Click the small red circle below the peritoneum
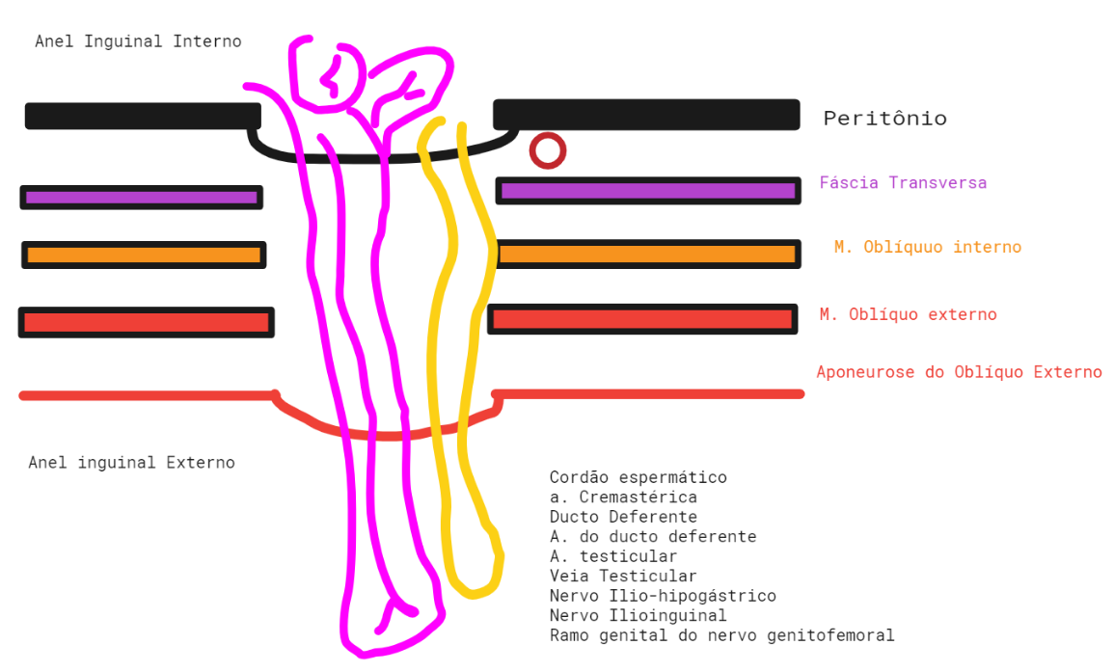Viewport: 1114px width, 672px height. click(x=547, y=150)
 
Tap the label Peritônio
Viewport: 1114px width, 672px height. click(x=884, y=119)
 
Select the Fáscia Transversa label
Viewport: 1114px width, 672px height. click(x=903, y=182)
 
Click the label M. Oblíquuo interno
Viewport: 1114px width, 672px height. click(x=927, y=247)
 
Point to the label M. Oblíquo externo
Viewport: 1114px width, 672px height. click(x=908, y=314)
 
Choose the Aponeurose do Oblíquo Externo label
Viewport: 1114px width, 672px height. click(x=959, y=372)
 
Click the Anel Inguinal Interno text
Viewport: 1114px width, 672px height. click(x=138, y=41)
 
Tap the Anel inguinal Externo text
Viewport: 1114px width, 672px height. click(x=131, y=463)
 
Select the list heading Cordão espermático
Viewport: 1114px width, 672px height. click(x=638, y=477)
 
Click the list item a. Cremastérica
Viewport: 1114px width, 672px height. click(x=623, y=497)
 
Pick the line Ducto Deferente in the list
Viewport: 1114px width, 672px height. click(x=623, y=517)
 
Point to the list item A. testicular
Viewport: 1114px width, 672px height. click(x=613, y=556)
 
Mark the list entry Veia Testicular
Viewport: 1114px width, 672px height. click(x=623, y=576)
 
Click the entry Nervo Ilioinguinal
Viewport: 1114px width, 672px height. click(x=638, y=615)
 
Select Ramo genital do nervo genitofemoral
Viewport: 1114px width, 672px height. click(x=721, y=635)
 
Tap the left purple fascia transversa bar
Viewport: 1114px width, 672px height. click(x=142, y=198)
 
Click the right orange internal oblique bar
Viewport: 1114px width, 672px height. click(x=647, y=255)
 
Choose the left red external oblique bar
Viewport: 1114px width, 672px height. click(x=146, y=322)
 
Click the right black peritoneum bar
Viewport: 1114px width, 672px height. click(x=646, y=114)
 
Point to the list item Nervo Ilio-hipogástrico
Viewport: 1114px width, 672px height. click(x=663, y=596)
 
